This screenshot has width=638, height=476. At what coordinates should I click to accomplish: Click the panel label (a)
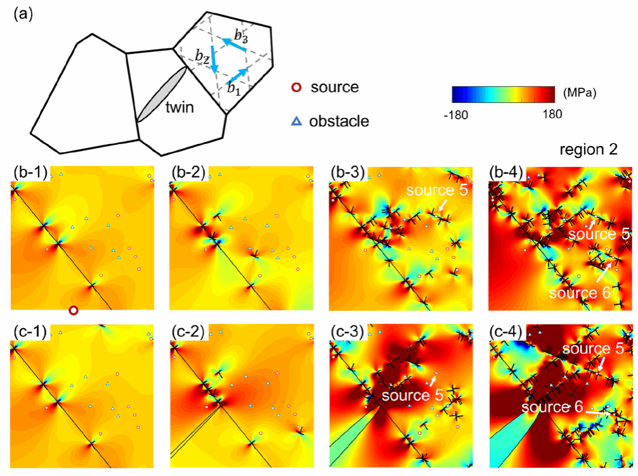point(21,13)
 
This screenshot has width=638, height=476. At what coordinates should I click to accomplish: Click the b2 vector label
point(202,58)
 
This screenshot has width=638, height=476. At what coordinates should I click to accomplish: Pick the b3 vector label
point(240,36)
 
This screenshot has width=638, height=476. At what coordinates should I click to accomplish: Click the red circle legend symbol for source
point(294,87)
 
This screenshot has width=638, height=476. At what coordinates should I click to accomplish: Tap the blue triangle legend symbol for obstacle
point(294,121)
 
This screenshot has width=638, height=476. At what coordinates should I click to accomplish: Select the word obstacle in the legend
point(339,121)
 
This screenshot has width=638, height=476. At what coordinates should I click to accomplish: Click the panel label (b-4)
point(508,172)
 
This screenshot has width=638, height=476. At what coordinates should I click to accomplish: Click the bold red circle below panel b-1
point(74,310)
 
